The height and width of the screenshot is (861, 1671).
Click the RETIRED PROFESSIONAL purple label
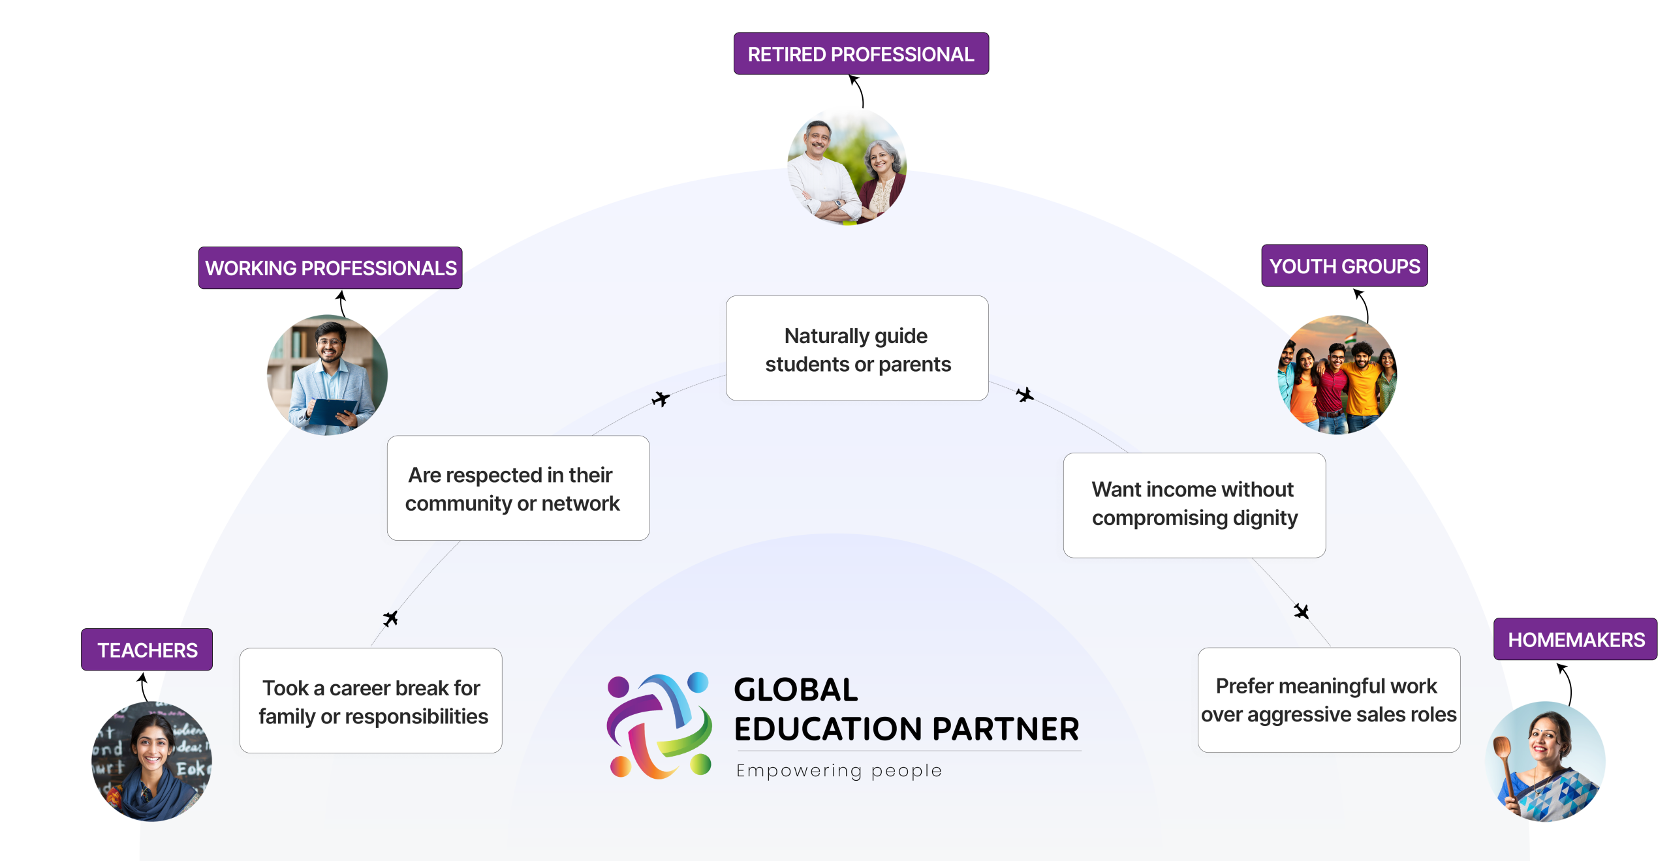860,53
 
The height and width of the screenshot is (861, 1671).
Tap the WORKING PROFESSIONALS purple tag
330,267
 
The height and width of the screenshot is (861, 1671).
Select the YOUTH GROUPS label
1344,266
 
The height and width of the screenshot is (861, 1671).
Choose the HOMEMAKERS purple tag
1575,639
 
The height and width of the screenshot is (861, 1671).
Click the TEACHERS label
147,650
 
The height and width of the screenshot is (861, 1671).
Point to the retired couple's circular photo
847,166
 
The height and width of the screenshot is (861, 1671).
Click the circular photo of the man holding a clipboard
326,375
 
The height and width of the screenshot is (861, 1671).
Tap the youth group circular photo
1337,374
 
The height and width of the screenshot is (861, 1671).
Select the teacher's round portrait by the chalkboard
151,761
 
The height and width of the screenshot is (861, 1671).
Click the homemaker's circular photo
1545,761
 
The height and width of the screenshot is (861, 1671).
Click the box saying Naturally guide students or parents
857,348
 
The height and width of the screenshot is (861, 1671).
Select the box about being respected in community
518,488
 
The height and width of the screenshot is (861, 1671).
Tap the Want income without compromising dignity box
1194,505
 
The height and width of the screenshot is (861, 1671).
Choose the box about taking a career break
371,701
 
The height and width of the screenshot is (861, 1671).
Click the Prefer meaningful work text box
1328,700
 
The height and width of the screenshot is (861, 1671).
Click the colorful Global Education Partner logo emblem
659,725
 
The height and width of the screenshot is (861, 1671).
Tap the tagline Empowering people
839,770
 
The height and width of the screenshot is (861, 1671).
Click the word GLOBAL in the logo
796,689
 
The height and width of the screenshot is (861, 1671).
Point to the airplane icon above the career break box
390,618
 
